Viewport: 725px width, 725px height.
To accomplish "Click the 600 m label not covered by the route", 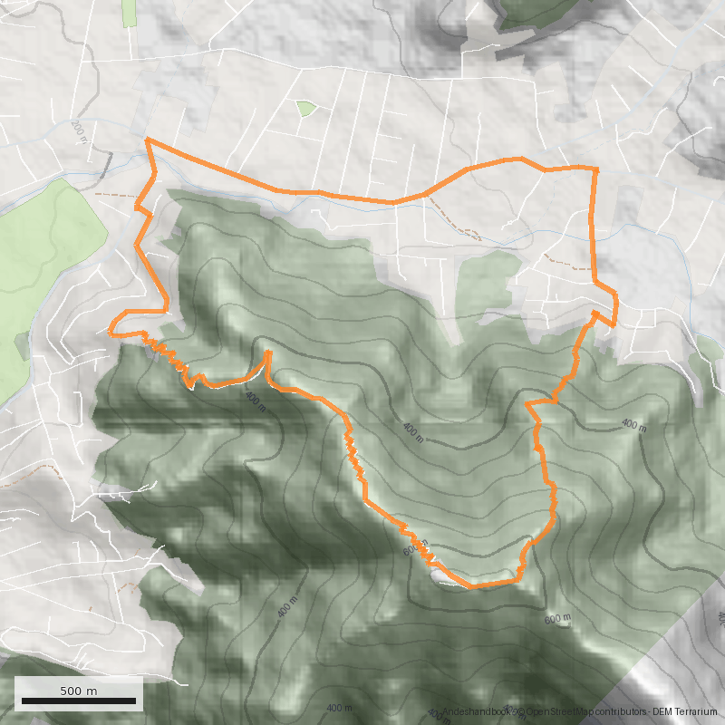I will (x=557, y=619).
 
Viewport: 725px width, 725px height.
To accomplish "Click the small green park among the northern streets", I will (x=306, y=109).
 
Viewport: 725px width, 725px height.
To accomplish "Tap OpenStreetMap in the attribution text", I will (x=554, y=712).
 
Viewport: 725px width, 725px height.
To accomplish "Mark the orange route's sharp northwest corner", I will (x=148, y=140).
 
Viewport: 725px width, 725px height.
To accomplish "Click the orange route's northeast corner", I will (x=595, y=169).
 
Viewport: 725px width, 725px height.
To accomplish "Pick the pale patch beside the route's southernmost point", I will (x=441, y=577).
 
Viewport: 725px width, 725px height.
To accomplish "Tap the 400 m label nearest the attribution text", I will (x=338, y=708).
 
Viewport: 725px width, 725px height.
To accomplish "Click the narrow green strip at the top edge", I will (x=129, y=13).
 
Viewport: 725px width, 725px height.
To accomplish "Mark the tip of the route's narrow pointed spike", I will (x=268, y=352).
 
